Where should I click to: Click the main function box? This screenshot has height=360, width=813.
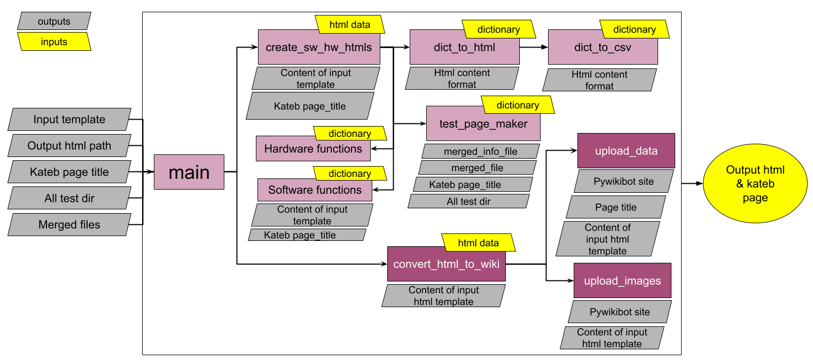pyautogui.click(x=189, y=172)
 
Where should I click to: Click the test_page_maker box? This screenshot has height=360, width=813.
pyautogui.click(x=483, y=124)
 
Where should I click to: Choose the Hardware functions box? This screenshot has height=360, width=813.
pyautogui.click(x=313, y=148)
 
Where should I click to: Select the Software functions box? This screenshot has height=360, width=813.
pyautogui.click(x=315, y=190)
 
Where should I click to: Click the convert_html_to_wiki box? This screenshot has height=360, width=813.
pyautogui.click(x=446, y=264)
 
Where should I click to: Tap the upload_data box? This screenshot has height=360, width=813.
pyautogui.click(x=626, y=151)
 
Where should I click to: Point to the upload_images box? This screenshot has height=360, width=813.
pyautogui.click(x=622, y=280)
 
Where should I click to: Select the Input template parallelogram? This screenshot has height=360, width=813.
pyautogui.click(x=69, y=120)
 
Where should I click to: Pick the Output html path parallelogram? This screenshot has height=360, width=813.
pyautogui.click(x=69, y=146)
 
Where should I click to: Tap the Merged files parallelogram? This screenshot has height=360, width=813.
pyautogui.click(x=69, y=225)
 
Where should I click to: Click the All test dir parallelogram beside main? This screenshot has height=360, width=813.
pyautogui.click(x=69, y=199)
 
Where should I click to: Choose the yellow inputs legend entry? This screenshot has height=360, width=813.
pyautogui.click(x=54, y=42)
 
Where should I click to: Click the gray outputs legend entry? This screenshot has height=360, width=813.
pyautogui.click(x=54, y=21)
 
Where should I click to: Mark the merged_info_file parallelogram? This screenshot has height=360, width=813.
pyautogui.click(x=480, y=152)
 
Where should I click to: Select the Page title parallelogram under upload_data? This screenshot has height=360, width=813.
pyautogui.click(x=616, y=207)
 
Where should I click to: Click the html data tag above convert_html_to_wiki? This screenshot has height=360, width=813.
pyautogui.click(x=478, y=243)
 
